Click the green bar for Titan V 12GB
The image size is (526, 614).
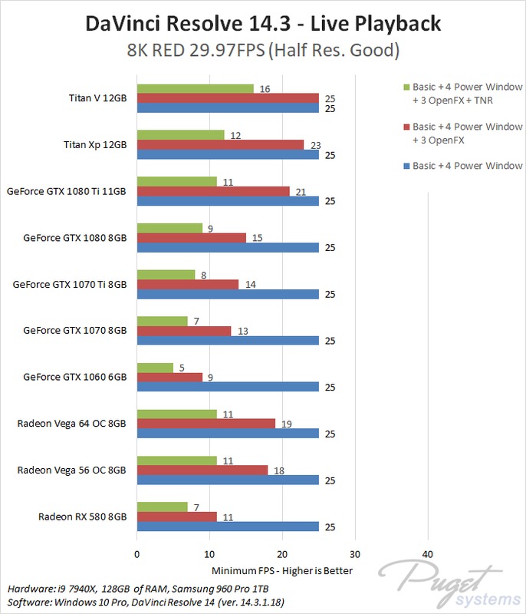195,88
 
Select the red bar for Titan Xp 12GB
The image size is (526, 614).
220,144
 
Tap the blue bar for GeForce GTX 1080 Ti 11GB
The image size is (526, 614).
227,201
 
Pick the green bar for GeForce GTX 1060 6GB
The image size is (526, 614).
155,367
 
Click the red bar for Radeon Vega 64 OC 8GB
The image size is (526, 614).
205,423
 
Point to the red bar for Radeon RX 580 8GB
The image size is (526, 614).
176,516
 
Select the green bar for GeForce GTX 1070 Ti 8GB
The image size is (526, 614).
166,274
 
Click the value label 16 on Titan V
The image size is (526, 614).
265,89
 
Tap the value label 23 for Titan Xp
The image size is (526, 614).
316,144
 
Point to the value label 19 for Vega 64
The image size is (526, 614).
287,423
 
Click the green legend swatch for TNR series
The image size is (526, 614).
406,86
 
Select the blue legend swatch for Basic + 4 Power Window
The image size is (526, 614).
406,166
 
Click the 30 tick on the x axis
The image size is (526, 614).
354,554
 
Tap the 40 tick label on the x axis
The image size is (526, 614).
427,554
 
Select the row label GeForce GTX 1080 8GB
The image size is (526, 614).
74,237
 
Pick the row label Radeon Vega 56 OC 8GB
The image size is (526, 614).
71,469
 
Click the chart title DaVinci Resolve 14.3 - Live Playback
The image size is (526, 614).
262,23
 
